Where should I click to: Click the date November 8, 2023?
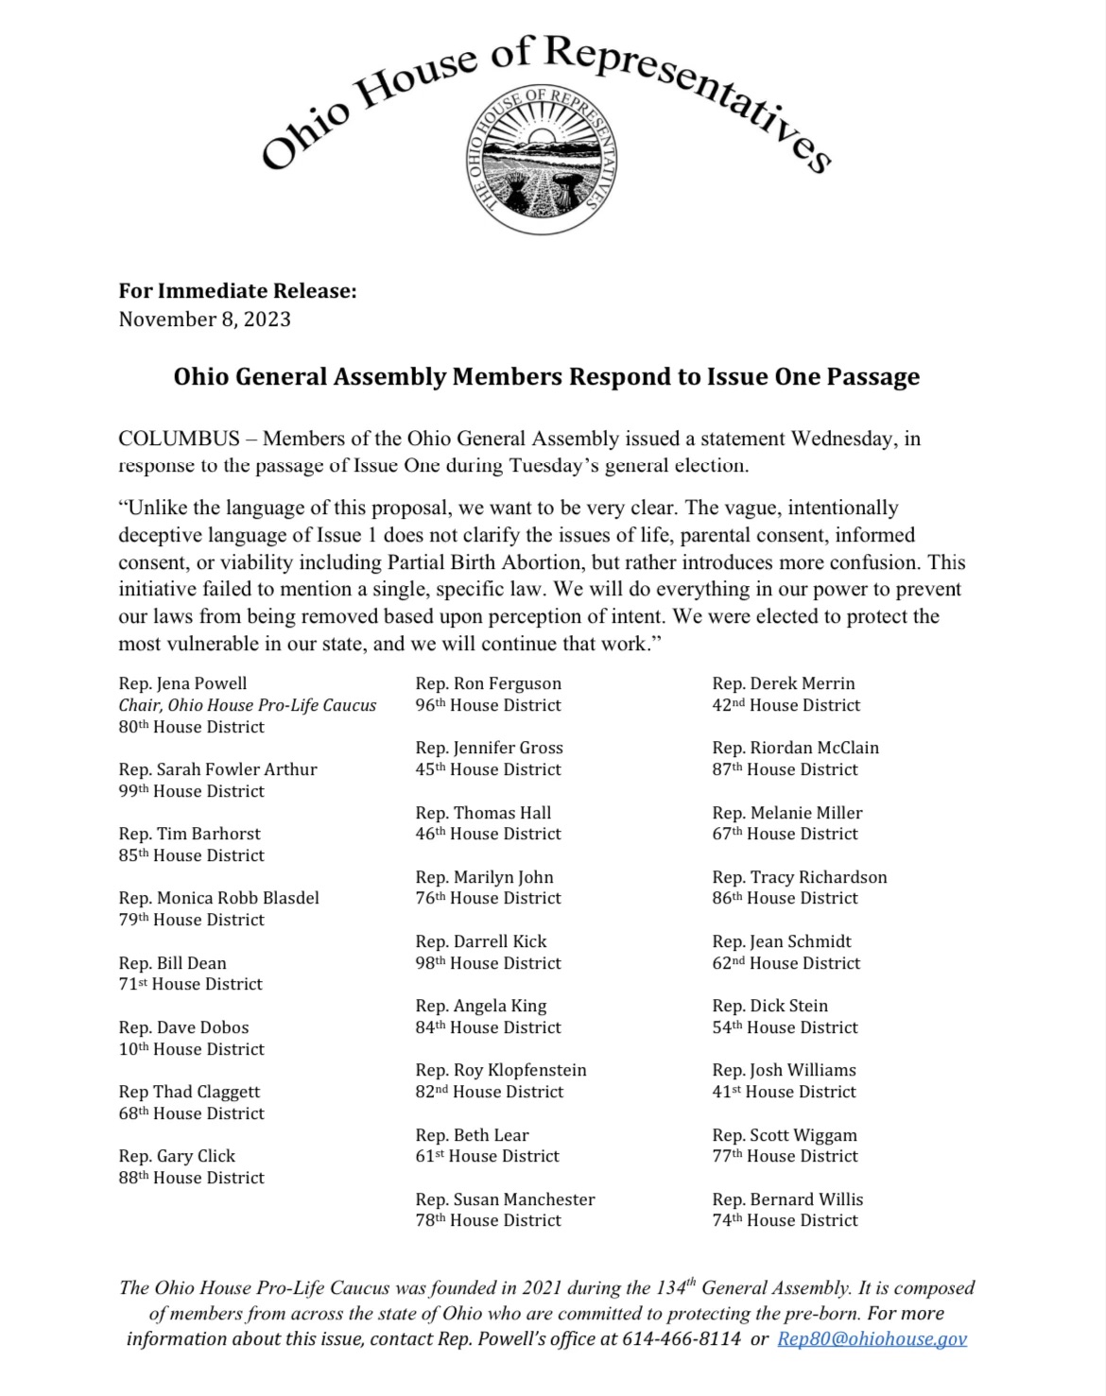click(204, 319)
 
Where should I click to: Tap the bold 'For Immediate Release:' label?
click(237, 290)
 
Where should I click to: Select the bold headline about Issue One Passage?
click(546, 376)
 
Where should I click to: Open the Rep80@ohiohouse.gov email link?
click(872, 1338)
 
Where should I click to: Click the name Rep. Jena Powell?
click(182, 683)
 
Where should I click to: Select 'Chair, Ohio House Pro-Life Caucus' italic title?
click(248, 705)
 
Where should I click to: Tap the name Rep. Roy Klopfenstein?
click(501, 1070)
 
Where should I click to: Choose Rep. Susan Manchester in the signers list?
click(505, 1199)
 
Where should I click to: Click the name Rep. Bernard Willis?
click(787, 1199)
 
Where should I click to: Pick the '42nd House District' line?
click(786, 705)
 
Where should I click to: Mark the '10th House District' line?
click(192, 1049)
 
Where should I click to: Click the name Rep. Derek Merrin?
click(784, 683)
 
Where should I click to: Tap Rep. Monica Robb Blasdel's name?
click(219, 898)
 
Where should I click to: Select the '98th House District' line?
click(489, 963)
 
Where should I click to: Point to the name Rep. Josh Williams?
click(784, 1070)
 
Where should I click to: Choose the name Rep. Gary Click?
click(177, 1156)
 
